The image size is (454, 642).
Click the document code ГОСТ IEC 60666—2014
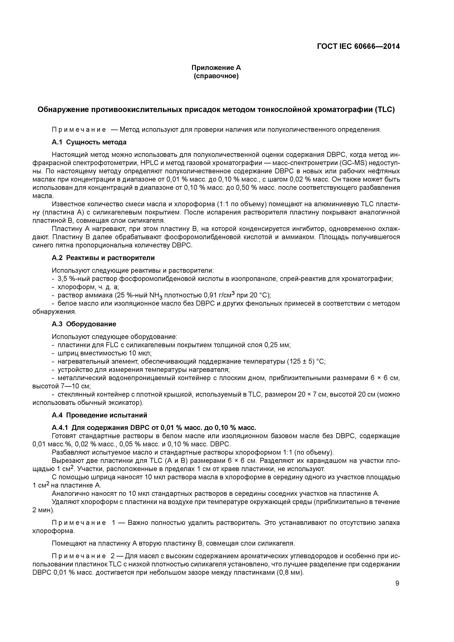click(358, 46)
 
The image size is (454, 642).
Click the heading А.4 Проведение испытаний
click(99, 415)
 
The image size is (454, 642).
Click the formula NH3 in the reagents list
click(156, 296)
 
